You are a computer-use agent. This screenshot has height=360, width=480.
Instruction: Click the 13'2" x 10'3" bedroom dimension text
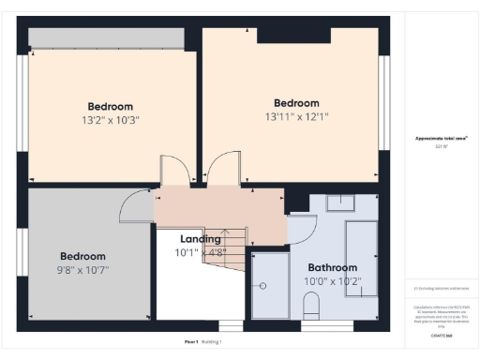[111, 120]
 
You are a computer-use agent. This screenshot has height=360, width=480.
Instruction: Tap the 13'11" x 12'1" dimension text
[296, 117]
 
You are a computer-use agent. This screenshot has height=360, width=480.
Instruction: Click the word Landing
[201, 239]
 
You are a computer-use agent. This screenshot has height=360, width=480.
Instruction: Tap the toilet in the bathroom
[313, 306]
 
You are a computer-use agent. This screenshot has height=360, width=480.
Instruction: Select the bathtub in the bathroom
[360, 257]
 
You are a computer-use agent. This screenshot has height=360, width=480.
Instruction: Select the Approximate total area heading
[442, 138]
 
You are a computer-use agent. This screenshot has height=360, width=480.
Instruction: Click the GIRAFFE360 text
[442, 335]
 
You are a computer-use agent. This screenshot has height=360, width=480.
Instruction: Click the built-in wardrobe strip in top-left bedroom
[105, 38]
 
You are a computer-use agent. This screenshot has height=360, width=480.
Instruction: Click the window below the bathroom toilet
[326, 325]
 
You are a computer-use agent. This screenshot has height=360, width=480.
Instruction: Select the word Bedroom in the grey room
[83, 256]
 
